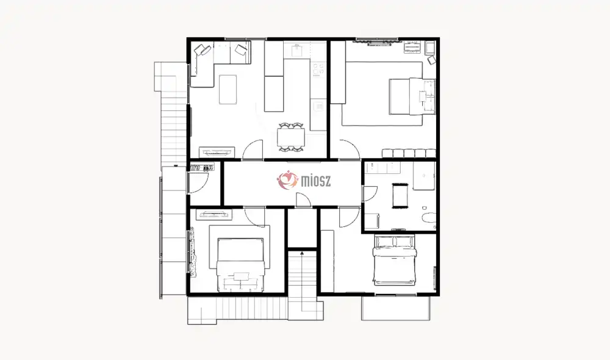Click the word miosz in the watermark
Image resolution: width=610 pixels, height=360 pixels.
(316, 181)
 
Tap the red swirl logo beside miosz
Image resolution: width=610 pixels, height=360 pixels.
(287, 180)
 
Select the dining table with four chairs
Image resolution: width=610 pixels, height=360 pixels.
(292, 137)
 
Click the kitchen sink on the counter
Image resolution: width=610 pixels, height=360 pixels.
(298, 50)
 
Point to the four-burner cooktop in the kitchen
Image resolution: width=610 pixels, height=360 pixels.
(318, 69)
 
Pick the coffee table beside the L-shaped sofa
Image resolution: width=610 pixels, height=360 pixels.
(228, 90)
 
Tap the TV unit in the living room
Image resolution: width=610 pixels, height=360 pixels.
(217, 152)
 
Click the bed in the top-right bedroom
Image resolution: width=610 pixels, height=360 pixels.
(412, 96)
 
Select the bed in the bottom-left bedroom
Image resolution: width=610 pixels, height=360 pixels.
(240, 264)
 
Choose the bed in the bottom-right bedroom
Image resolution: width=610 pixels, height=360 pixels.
(395, 259)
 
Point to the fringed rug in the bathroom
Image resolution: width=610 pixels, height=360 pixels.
(400, 196)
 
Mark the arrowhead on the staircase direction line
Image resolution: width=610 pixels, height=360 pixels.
(302, 253)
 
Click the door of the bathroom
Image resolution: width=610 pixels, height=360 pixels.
(370, 193)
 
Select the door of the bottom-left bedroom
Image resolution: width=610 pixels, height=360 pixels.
(255, 217)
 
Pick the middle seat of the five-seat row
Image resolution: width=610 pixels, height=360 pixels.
(409, 153)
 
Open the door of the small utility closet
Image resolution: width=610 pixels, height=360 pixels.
(198, 182)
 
